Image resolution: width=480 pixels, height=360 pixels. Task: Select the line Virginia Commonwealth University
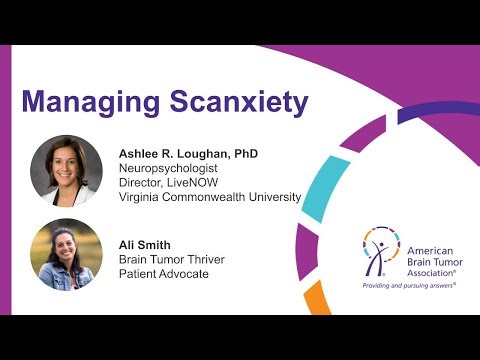point(209,197)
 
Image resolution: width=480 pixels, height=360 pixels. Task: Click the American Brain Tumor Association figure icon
point(378,251)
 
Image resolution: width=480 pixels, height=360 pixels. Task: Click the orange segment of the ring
point(317,298)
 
